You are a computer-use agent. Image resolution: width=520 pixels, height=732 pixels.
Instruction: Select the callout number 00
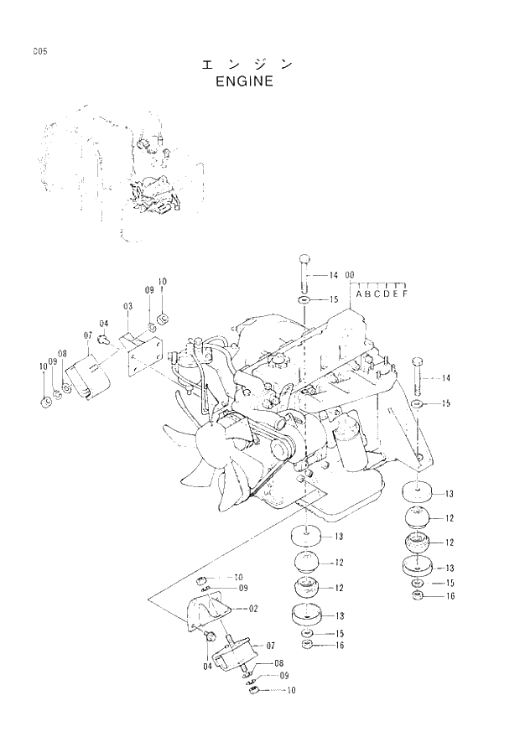350,275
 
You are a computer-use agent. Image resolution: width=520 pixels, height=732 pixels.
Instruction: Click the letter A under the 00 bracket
358,293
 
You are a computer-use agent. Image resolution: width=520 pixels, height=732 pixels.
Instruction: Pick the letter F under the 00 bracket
405,293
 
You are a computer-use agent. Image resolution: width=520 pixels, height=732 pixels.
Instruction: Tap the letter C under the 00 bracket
377,293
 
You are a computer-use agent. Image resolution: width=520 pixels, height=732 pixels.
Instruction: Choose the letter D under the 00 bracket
387,293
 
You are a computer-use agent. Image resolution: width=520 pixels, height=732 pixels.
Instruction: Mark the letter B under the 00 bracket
367,293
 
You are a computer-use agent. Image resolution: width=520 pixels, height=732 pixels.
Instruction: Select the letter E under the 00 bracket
396,293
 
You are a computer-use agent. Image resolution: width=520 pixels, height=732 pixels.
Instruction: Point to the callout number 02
252,608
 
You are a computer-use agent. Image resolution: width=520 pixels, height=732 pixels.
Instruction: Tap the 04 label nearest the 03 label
104,324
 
